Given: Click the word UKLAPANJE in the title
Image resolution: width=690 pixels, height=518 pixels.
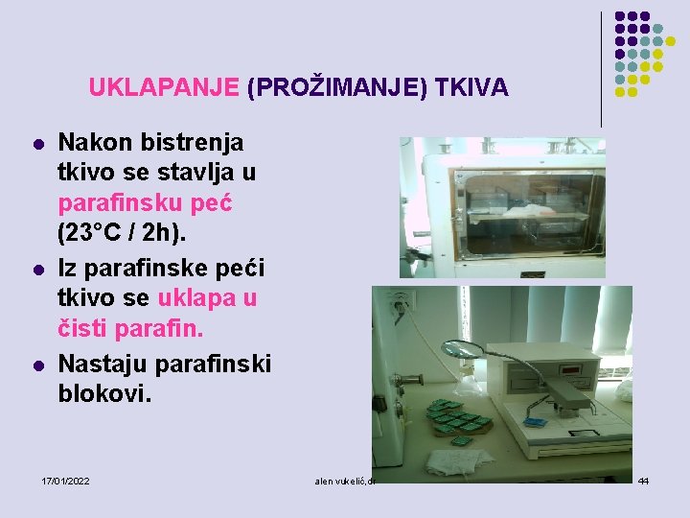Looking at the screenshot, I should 164,88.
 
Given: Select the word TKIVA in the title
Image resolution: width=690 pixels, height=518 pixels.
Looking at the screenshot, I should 471,88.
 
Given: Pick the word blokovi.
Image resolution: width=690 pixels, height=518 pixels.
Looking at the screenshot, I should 104,393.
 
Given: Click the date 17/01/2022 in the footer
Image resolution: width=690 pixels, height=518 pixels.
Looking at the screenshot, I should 65,480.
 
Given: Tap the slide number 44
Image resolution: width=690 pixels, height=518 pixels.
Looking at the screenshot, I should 643,480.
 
